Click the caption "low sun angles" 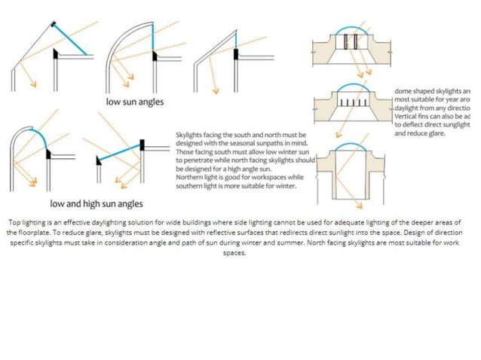point(134,101)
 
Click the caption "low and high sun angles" point(96,203)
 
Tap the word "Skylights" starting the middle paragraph point(189,134)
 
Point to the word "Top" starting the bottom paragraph point(14,223)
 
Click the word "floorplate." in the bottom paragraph point(24,233)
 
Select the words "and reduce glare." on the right point(421,133)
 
